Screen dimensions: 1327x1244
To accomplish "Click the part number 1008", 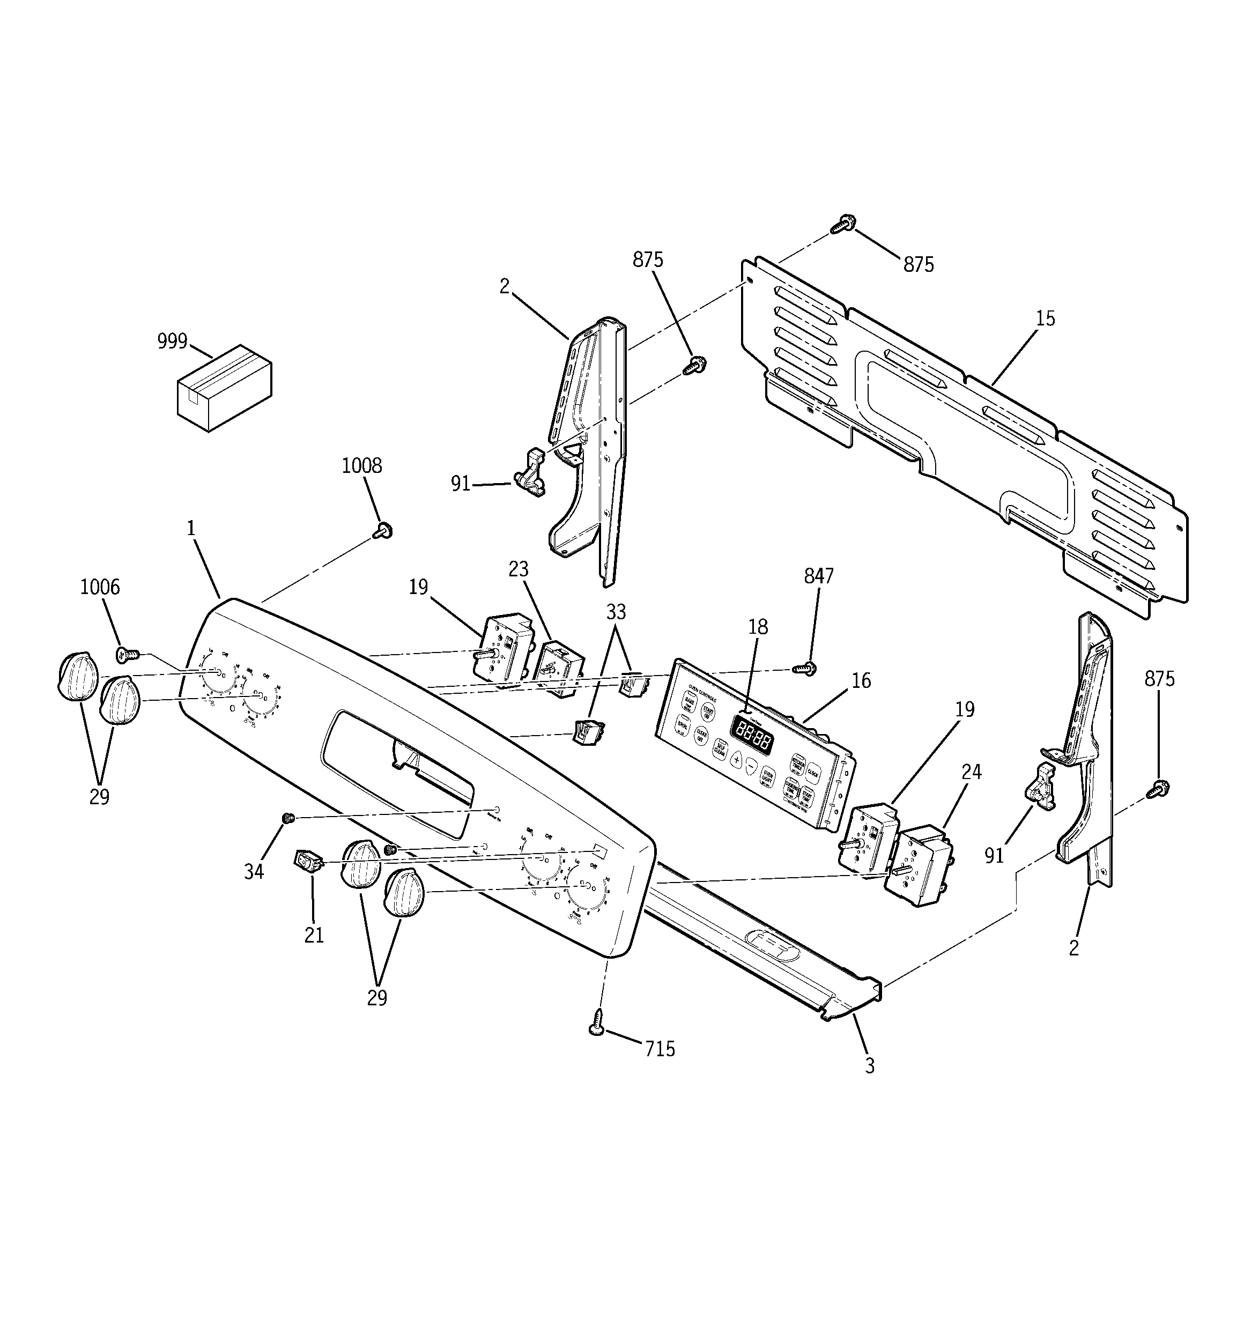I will click(x=361, y=465).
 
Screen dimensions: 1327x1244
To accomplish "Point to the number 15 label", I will click(x=1045, y=318).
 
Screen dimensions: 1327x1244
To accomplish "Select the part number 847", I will click(x=819, y=575).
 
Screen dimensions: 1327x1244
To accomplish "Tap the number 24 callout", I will click(x=971, y=772).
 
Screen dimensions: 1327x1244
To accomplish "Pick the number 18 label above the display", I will click(x=758, y=627).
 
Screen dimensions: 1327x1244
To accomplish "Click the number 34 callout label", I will click(x=254, y=872).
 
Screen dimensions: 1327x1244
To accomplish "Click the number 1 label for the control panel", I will click(x=191, y=529).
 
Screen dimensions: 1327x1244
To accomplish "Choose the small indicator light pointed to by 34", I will click(x=288, y=818).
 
